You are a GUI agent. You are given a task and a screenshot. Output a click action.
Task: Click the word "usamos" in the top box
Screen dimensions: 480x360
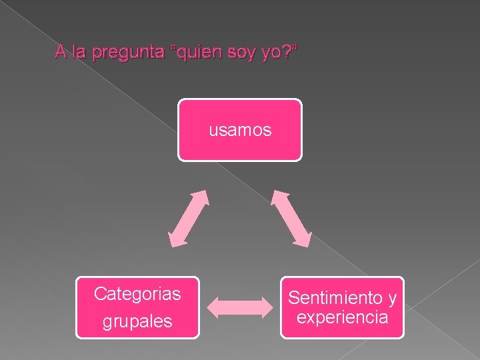[x=240, y=130]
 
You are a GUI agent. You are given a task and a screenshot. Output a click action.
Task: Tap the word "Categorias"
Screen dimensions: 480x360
[x=137, y=293]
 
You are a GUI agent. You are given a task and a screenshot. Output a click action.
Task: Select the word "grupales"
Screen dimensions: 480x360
[x=137, y=321]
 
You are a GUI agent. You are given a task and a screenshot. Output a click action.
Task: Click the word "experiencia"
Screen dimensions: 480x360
[x=342, y=317]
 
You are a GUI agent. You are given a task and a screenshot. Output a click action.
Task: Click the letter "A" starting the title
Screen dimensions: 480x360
[x=61, y=52]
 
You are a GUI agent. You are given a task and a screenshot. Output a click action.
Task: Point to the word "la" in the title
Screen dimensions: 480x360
[x=79, y=52]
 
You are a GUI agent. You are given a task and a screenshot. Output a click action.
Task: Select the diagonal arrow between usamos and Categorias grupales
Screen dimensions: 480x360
[x=188, y=218]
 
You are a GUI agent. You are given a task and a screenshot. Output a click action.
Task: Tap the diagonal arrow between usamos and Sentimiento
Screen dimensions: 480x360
[x=291, y=218]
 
